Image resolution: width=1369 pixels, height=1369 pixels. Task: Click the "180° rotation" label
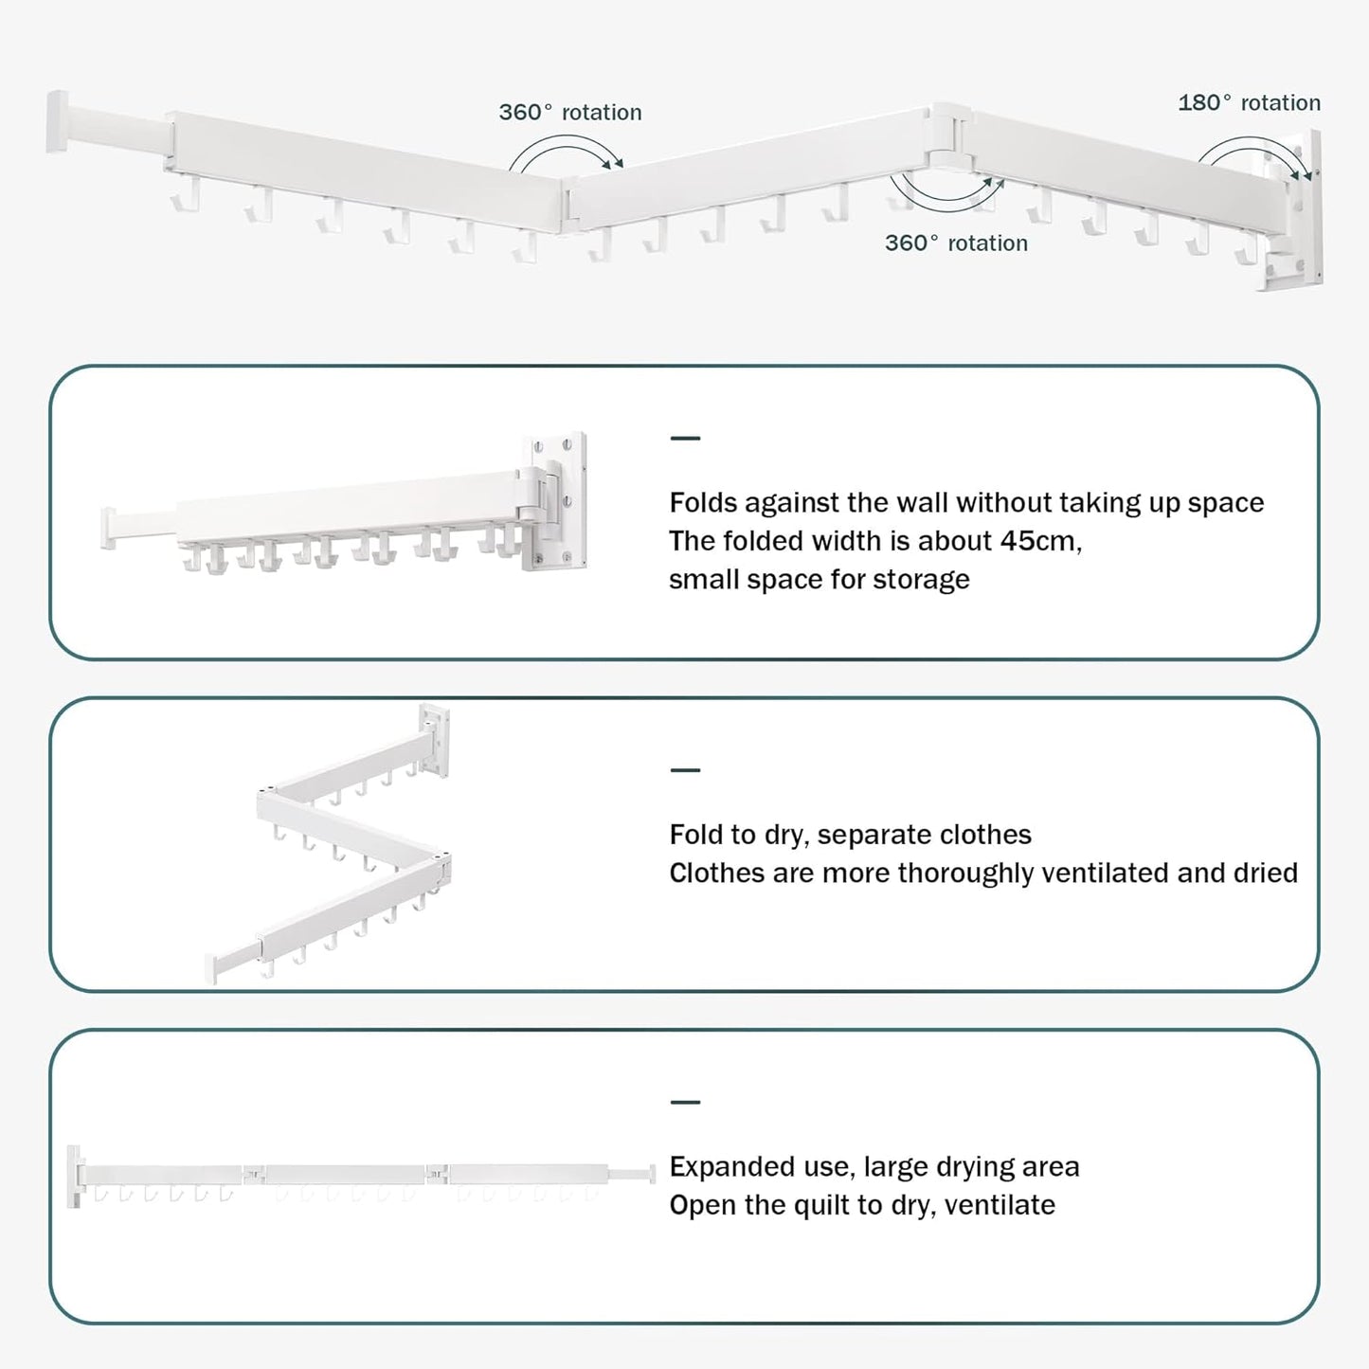[1249, 102]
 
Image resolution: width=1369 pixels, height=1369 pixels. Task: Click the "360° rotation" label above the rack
[570, 112]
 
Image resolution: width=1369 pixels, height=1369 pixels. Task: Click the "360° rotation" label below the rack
[956, 243]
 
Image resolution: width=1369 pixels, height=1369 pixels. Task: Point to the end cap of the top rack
[58, 121]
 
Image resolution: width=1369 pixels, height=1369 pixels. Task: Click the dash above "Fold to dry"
[684, 770]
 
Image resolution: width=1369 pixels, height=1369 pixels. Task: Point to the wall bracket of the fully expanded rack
[74, 1176]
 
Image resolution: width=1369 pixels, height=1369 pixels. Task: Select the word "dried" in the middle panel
[1265, 873]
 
